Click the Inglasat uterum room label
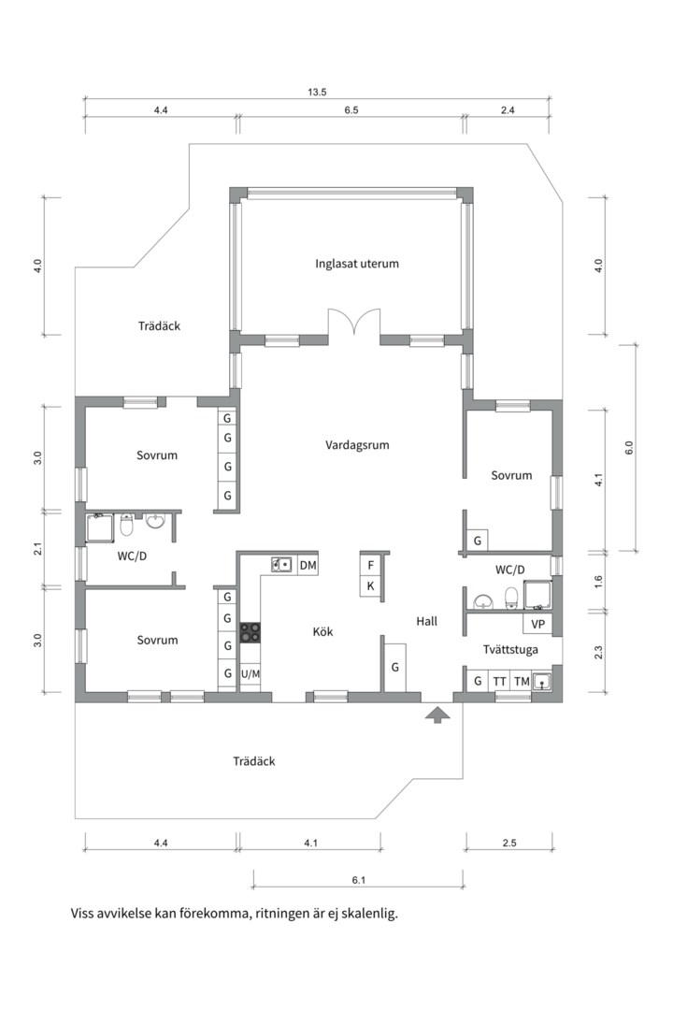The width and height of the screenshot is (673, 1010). [x=357, y=264]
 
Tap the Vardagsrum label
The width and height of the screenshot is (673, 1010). [x=357, y=445]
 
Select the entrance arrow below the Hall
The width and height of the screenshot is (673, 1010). [x=437, y=715]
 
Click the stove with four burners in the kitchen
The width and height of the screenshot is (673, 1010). [x=251, y=632]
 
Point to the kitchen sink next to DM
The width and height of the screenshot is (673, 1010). [x=281, y=565]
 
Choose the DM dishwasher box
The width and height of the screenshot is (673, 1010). [x=308, y=566]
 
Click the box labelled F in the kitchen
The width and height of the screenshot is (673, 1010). [x=370, y=566]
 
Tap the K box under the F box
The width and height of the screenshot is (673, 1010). [x=370, y=586]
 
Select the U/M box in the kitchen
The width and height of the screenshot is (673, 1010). [x=251, y=673]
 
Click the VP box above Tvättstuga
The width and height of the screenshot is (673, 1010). [x=537, y=624]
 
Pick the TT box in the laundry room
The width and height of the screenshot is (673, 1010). [x=500, y=682]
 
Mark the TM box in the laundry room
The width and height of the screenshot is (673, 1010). [x=522, y=682]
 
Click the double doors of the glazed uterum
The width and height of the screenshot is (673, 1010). [x=353, y=325]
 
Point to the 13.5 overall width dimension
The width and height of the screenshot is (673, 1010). [x=317, y=92]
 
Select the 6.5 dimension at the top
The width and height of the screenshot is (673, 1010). [x=351, y=110]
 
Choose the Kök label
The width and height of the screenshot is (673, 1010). [x=322, y=632]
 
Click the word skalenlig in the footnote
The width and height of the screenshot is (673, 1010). [x=367, y=914]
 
